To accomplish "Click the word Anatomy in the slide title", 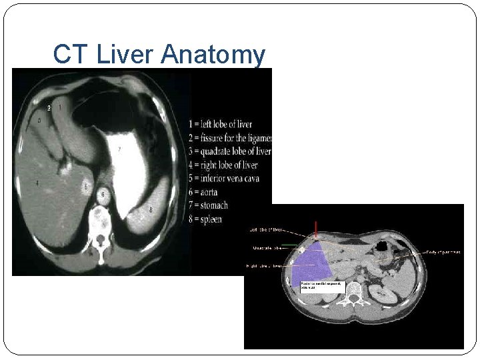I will coord(213,55).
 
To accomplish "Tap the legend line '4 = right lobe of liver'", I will coord(223,165).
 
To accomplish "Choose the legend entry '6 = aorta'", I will coord(204,192).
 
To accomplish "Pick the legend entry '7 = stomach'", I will coord(208,205).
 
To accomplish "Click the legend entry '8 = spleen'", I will coord(205,219).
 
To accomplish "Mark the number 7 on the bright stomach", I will coord(119,149).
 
